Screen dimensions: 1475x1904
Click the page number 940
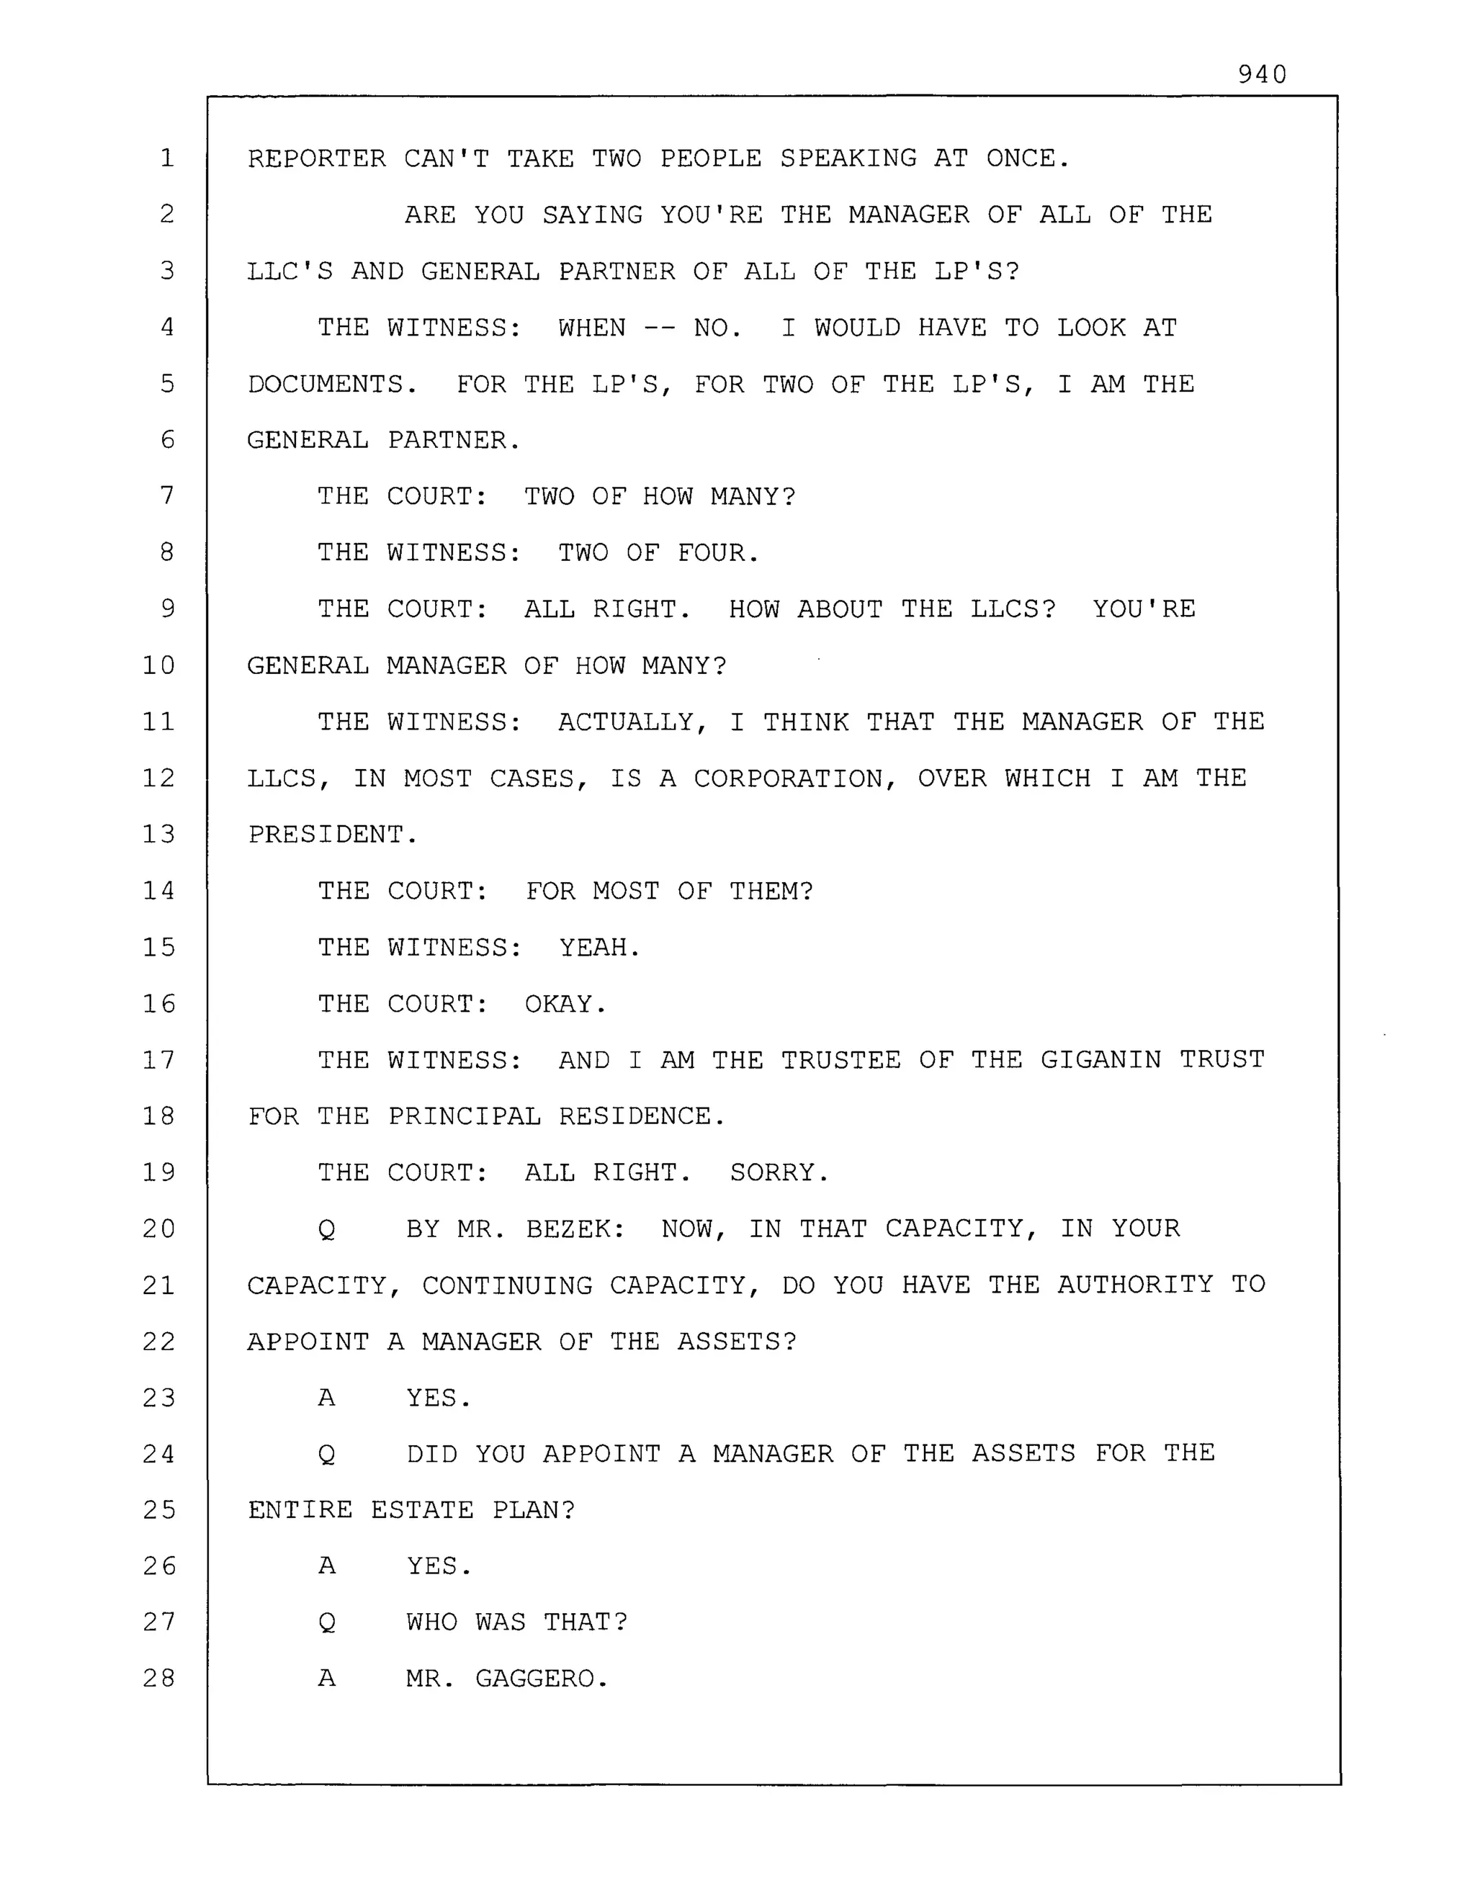click(x=1261, y=75)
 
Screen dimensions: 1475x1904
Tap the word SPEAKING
click(x=848, y=158)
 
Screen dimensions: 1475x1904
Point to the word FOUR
click(x=717, y=553)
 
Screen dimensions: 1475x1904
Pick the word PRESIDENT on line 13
click(x=331, y=835)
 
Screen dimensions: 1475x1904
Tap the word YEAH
click(x=599, y=948)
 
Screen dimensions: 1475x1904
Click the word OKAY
click(x=564, y=1005)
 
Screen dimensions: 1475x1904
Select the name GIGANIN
click(x=1100, y=1060)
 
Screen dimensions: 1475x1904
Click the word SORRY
click(x=779, y=1172)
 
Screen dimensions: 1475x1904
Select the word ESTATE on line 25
click(x=422, y=1511)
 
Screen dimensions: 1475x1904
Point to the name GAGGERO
click(x=540, y=1679)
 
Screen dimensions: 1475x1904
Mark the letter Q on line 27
click(x=327, y=1623)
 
